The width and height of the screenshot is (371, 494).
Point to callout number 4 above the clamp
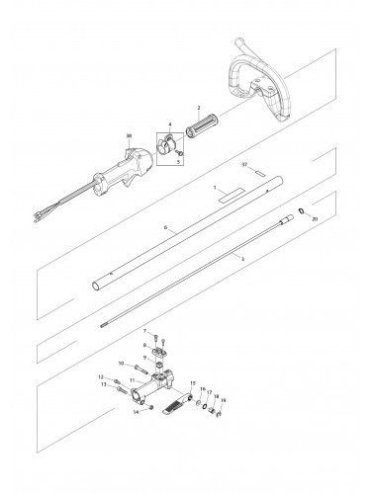169,123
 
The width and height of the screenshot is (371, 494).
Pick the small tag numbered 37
256,175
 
